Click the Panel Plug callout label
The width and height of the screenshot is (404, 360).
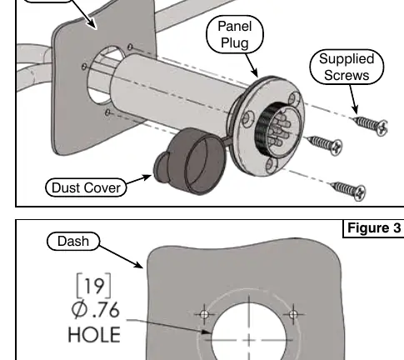[235, 34]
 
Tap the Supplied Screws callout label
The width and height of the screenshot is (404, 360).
[347, 67]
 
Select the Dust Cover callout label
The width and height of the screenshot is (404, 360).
[86, 187]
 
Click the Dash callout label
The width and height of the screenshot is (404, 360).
[73, 241]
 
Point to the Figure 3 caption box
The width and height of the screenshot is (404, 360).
[374, 228]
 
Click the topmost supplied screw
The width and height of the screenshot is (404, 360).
[371, 126]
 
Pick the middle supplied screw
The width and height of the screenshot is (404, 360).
[325, 145]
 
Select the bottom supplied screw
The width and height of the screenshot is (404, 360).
[347, 190]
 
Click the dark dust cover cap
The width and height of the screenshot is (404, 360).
[190, 161]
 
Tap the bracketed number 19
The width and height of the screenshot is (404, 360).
[94, 286]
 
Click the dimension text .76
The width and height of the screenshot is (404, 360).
[106, 310]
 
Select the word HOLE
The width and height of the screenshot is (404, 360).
[94, 334]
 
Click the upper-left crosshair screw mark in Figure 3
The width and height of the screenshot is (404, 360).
[204, 314]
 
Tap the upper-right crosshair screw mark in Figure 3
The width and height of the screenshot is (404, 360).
[293, 314]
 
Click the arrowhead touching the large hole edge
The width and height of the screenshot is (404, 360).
[206, 332]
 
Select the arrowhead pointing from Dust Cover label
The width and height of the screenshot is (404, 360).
[147, 177]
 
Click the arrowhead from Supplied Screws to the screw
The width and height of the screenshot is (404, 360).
[355, 109]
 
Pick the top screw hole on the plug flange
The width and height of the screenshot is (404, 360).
[294, 99]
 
